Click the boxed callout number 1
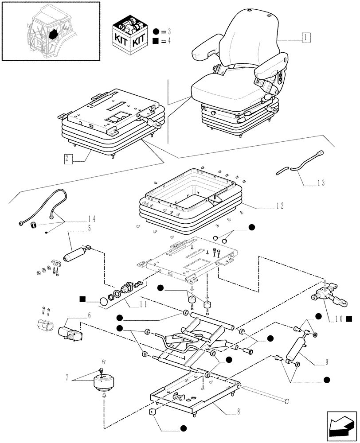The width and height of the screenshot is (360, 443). coord(306,38)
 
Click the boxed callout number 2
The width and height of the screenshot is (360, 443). coord(67,159)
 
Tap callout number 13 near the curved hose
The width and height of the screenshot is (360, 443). coord(321,183)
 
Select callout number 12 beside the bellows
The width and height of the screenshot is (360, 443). coord(280,206)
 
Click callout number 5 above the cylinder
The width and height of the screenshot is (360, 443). coord(90,228)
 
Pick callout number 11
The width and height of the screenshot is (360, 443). coord(143,305)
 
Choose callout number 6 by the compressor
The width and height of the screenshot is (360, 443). coord(90,315)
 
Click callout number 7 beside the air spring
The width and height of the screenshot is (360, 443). coord(67,377)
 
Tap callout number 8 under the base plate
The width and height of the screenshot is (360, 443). coord(239,412)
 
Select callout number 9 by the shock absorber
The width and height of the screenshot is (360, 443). coord(327,362)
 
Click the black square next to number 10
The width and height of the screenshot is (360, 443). coord(349,319)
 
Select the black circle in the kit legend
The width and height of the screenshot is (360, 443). coord(156,31)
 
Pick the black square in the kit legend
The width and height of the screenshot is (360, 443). coord(155,41)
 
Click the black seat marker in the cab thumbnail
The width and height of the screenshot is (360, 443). coord(54,34)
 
